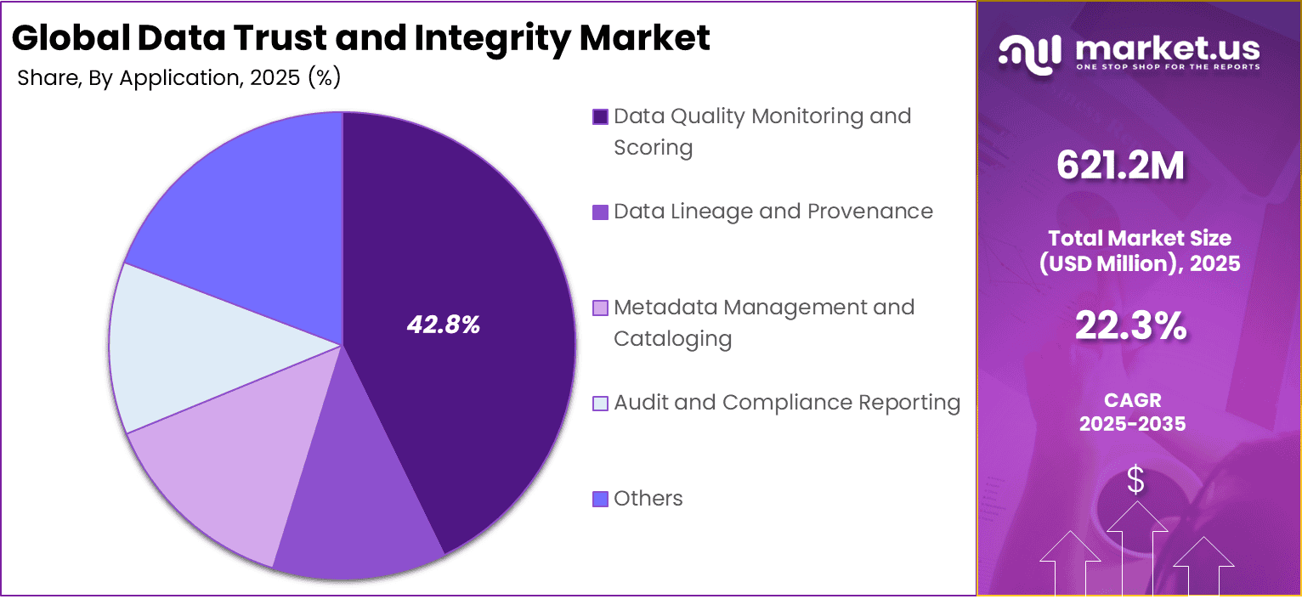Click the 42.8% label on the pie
pos(443,325)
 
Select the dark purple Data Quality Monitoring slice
pos(476,255)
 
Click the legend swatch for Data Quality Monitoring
pos(600,117)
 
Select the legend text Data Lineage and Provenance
pos(773,212)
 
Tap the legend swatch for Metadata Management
pos(600,308)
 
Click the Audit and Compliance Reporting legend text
pos(787,403)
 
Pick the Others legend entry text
pos(648,499)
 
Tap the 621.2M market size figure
pos(1120,166)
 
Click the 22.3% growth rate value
pos(1130,326)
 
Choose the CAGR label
pos(1132,399)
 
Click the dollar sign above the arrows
pos(1135,482)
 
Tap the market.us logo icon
pos(1029,52)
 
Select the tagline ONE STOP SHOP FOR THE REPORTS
pos(1168,66)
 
